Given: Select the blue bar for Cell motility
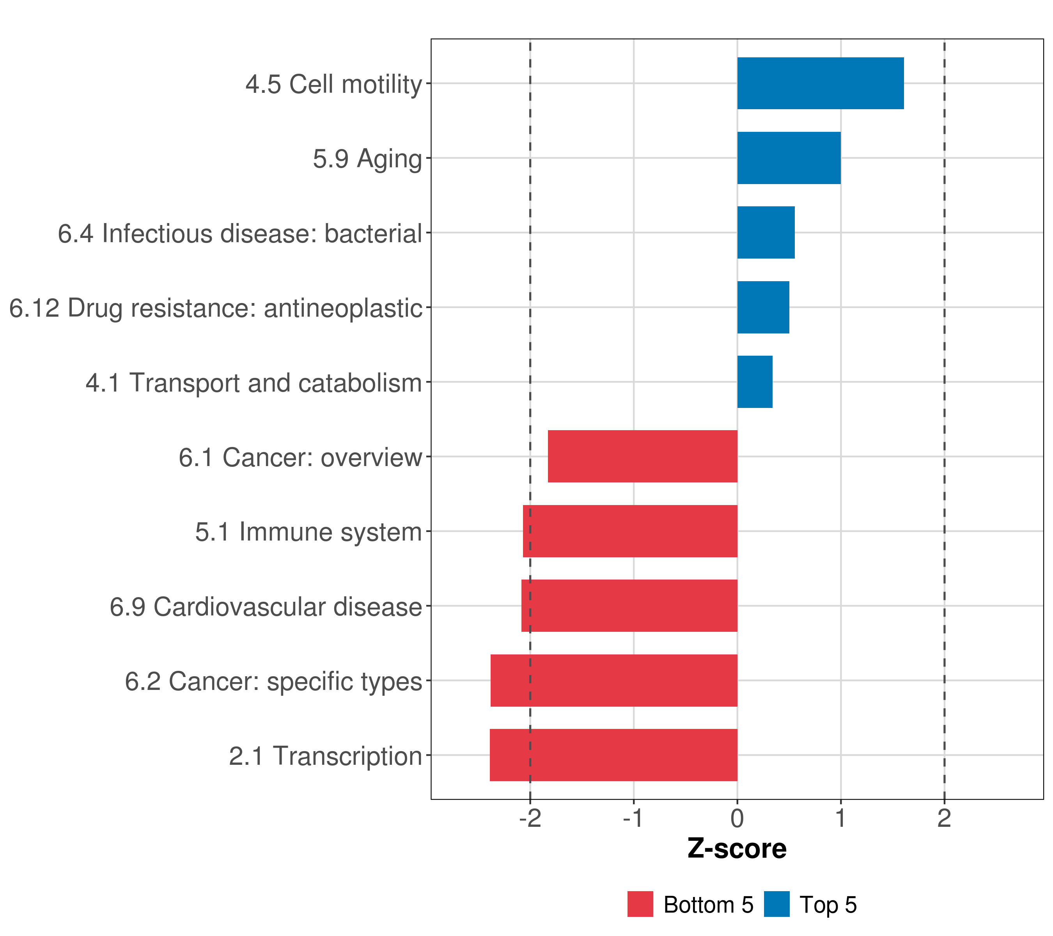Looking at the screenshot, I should (x=820, y=83).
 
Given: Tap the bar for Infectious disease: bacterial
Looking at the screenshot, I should (x=766, y=232).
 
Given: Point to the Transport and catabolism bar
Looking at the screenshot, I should (x=755, y=382).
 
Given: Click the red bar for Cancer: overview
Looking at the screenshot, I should (x=642, y=456).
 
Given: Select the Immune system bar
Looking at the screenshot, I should (x=630, y=531).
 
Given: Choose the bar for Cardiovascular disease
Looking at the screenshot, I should (x=629, y=606).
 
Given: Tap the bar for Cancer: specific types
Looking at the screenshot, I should (x=613, y=681).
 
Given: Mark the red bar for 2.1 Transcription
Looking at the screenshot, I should (x=613, y=755).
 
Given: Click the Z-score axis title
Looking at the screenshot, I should (x=737, y=848).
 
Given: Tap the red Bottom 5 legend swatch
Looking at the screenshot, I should (x=640, y=904).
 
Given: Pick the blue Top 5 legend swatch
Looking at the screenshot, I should (x=776, y=904).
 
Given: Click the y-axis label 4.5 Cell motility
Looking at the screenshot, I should (x=334, y=84).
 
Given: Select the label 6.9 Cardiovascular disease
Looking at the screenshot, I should (x=266, y=607).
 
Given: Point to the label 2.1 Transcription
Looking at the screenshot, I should (x=326, y=756).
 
